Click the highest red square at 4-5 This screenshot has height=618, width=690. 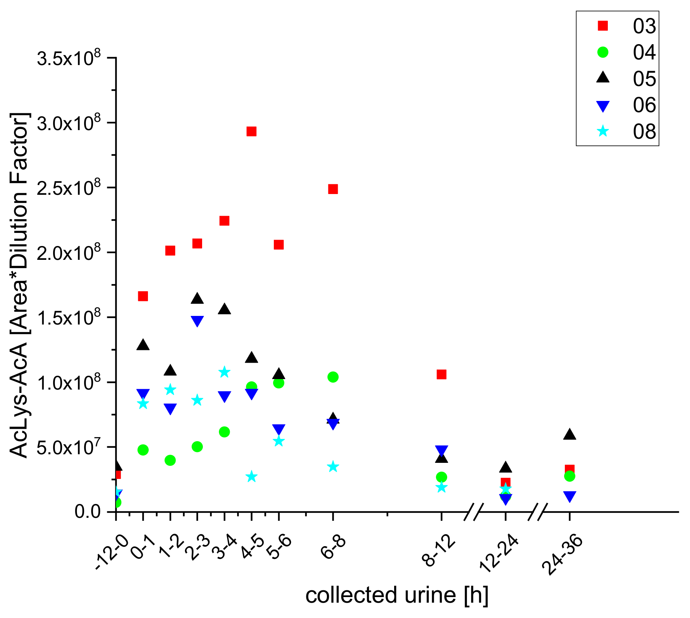251,131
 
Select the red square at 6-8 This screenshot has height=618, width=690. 333,189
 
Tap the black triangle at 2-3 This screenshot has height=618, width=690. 197,299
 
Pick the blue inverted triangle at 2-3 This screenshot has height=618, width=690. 197,321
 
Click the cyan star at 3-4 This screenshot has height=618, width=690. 224,372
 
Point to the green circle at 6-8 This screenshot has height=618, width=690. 333,377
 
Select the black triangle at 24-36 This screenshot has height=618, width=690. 569,434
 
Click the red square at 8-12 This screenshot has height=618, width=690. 442,374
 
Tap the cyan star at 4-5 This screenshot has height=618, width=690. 251,476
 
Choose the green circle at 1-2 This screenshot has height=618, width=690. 170,460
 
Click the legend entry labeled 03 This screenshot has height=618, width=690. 644,26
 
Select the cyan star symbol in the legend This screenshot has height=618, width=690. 603,131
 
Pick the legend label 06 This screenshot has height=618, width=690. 644,105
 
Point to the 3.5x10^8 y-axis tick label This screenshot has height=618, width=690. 69,59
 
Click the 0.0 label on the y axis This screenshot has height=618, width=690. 88,511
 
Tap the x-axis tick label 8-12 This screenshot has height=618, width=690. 439,551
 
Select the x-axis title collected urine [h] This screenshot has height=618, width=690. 396,595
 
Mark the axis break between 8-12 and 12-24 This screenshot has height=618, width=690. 474,511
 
